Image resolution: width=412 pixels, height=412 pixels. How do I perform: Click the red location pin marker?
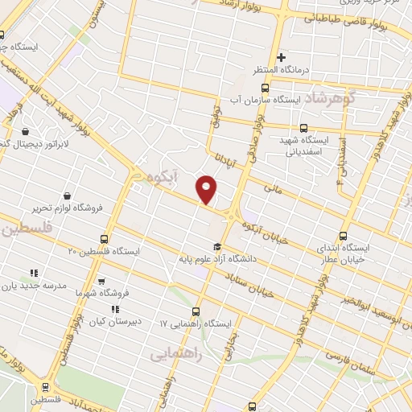208,187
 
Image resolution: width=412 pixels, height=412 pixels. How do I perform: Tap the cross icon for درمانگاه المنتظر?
281,57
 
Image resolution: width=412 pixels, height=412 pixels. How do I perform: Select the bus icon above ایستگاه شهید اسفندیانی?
303,127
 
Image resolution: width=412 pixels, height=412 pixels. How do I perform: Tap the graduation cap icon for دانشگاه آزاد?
216,247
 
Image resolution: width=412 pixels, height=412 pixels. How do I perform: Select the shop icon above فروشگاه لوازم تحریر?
67,196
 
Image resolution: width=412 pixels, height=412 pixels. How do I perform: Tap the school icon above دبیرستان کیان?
115,308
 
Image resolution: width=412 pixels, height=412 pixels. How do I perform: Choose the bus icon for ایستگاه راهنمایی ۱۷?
196,311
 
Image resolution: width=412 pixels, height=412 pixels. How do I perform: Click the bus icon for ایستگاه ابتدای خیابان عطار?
344,236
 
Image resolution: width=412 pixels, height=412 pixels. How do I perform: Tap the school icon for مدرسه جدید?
34,273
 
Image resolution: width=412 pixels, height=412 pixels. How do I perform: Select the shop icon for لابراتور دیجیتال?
27,131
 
